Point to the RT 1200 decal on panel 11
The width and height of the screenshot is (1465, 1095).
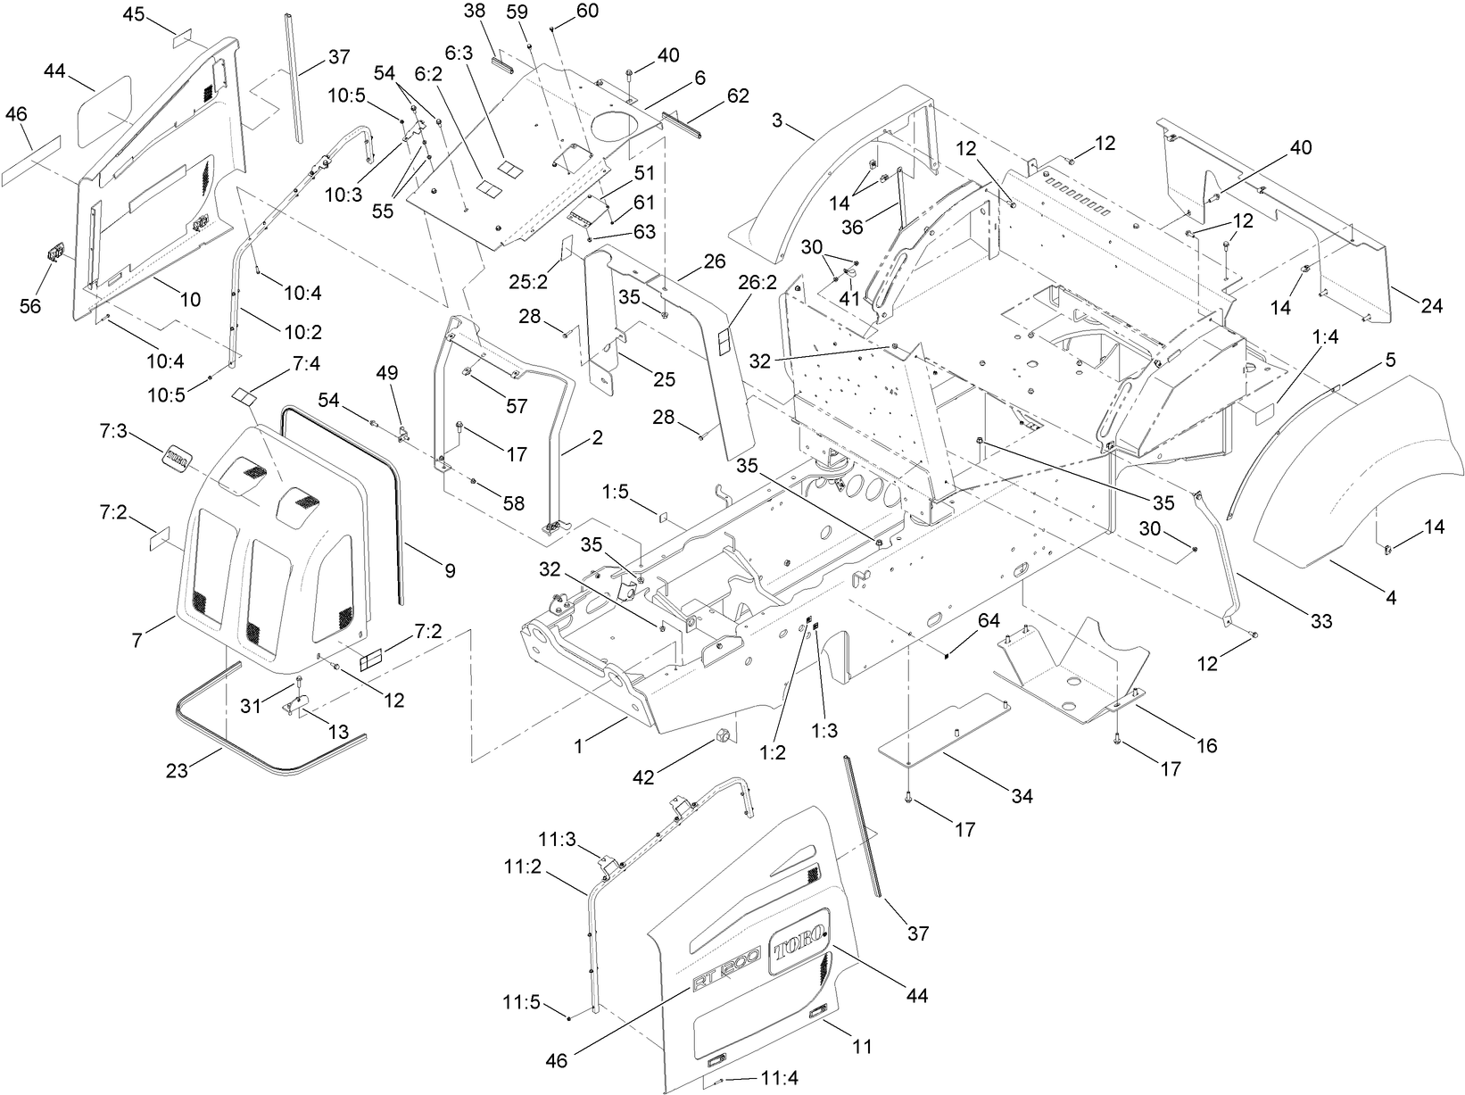coord(725,969)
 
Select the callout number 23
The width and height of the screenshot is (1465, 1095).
coord(178,769)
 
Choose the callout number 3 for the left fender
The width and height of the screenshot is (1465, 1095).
coord(777,120)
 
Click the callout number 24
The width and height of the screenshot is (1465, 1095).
coord(1431,306)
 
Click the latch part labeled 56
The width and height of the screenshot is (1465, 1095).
coord(54,254)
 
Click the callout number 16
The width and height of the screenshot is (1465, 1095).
coord(1206,745)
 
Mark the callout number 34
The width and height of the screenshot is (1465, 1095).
coord(1022,795)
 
